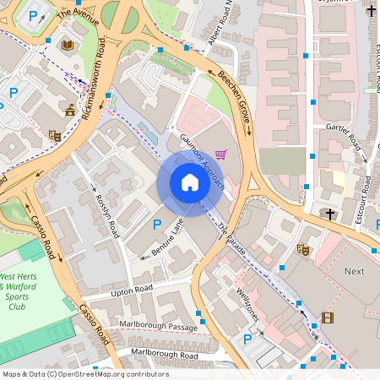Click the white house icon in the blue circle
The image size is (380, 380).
pyautogui.click(x=190, y=182)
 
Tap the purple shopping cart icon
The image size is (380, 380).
pyautogui.click(x=221, y=155)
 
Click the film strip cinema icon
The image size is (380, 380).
pyautogui.click(x=328, y=318)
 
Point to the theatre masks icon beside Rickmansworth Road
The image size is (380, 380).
pyautogui.click(x=55, y=135)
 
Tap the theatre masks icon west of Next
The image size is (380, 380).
pyautogui.click(x=302, y=249)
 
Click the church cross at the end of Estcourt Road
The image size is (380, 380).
pyautogui.click(x=330, y=214)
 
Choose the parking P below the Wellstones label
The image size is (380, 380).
pyautogui.click(x=247, y=339)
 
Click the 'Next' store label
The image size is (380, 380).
pyautogui.click(x=355, y=271)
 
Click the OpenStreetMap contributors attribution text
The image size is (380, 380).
pyautogui.click(x=85, y=374)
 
